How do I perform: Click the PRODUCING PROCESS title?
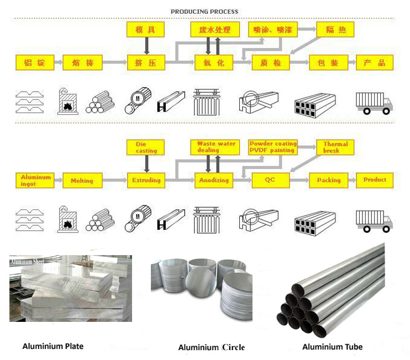[204, 12]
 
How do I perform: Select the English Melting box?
[82, 181]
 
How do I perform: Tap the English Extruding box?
[146, 180]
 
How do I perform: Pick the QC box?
[270, 180]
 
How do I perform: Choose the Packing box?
[329, 180]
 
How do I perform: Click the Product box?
[375, 179]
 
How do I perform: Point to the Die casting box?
[146, 147]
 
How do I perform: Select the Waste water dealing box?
[216, 147]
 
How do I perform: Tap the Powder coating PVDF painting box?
[272, 147]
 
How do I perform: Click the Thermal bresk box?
[335, 147]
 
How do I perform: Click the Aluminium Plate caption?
[53, 346]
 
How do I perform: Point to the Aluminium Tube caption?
[333, 347]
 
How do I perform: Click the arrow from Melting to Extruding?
[114, 181]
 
